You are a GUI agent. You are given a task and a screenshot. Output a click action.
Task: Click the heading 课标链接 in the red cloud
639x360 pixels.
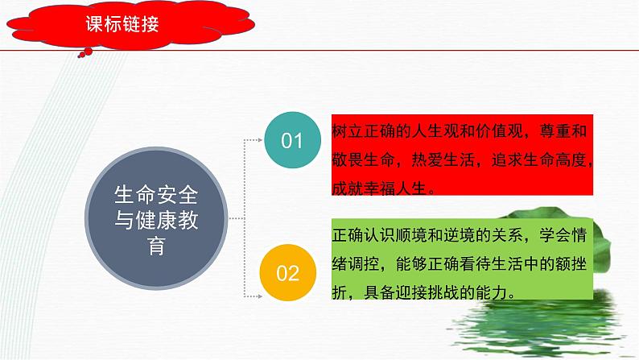point(122,24)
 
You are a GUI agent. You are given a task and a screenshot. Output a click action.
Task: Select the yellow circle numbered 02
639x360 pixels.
point(287,273)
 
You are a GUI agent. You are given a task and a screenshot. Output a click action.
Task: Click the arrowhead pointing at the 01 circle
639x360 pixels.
point(262,140)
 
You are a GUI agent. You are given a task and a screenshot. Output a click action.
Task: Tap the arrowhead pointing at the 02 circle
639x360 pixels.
point(259,273)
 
